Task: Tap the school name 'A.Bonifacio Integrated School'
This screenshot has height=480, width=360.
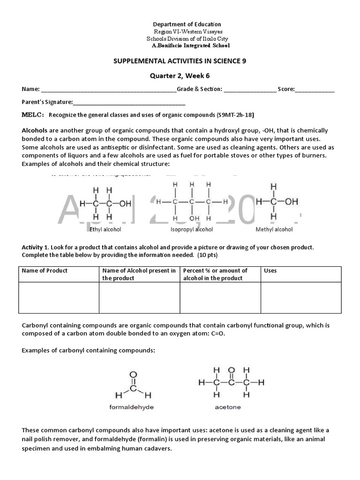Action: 191,45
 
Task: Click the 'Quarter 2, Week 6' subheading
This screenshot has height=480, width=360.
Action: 180,75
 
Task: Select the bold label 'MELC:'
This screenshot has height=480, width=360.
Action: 33,115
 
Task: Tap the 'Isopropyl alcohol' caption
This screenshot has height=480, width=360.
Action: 191,230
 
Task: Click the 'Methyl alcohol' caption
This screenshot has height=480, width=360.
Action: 274,230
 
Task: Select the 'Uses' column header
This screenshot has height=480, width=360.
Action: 270,270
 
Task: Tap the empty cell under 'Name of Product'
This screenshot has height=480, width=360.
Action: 59,297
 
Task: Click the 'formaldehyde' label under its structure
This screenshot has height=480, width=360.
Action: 131,407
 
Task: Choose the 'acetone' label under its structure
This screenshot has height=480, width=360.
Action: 228,407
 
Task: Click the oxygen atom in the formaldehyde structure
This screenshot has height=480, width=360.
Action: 134,375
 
